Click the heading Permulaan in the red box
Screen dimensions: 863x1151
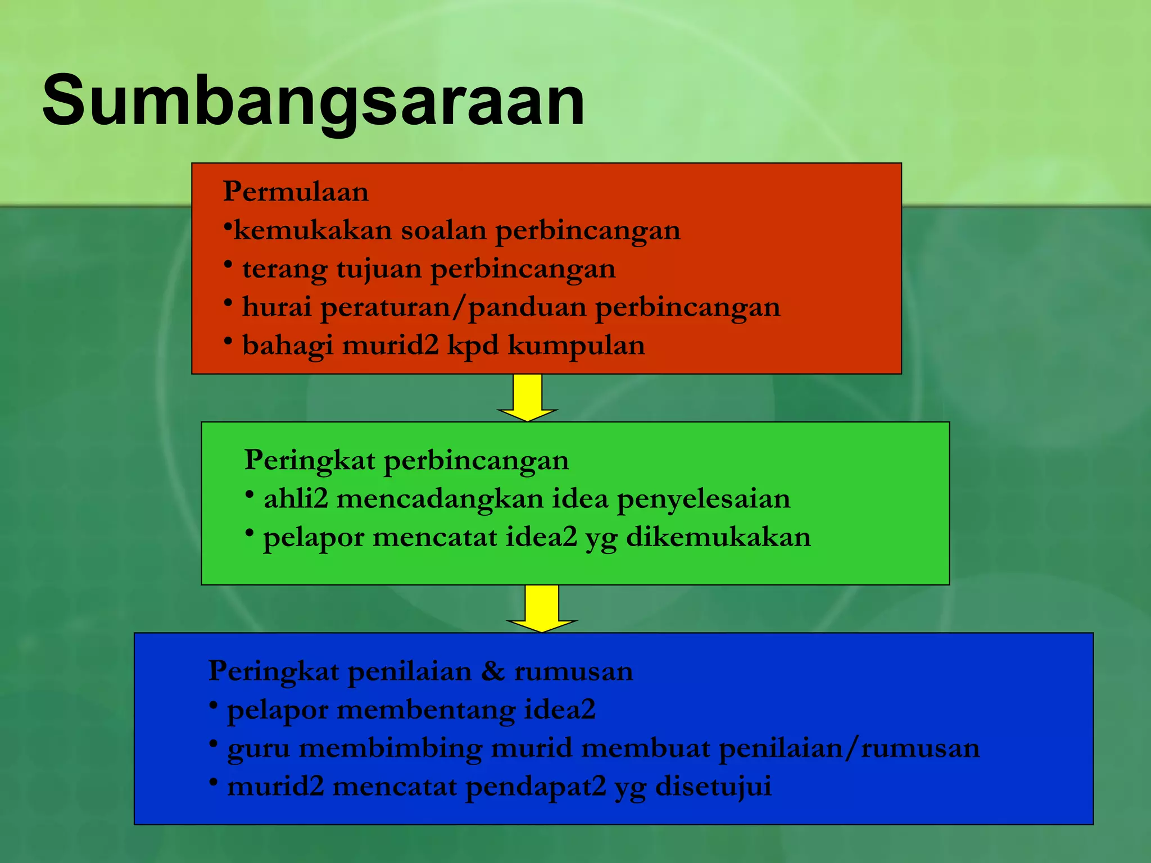[x=296, y=192]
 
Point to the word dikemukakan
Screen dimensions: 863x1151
[x=718, y=537]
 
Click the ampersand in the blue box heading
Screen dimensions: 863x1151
[x=492, y=671]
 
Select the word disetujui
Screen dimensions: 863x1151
[x=713, y=787]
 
